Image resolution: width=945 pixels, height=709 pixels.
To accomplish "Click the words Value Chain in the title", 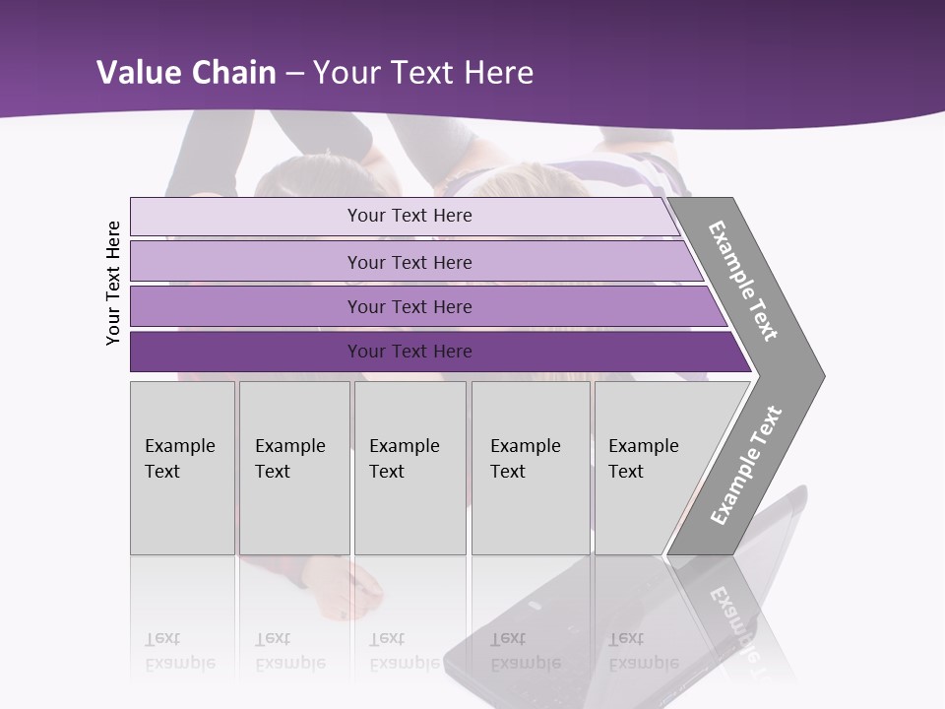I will click(x=187, y=73).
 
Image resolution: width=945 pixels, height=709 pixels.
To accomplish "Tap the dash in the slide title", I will click(x=294, y=74).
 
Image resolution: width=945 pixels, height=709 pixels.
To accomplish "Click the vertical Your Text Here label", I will click(x=114, y=283).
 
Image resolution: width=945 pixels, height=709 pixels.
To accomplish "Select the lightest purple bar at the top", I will click(x=409, y=216).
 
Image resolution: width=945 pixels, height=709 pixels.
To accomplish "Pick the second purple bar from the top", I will click(x=409, y=262).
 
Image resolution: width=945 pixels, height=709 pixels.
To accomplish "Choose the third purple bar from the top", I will click(x=409, y=306).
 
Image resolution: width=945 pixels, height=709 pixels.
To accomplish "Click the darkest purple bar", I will click(x=409, y=352).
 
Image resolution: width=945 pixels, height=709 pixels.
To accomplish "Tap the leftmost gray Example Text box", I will click(x=182, y=468).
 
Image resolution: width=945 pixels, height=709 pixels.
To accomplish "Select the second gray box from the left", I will click(x=293, y=468).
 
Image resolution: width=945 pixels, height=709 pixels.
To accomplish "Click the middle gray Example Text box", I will click(x=409, y=468).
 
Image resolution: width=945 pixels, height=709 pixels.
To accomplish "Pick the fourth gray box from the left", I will click(x=530, y=468).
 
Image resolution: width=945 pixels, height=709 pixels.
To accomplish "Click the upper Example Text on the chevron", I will click(x=743, y=281).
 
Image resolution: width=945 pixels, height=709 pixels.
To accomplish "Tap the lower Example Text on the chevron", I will click(x=746, y=465).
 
